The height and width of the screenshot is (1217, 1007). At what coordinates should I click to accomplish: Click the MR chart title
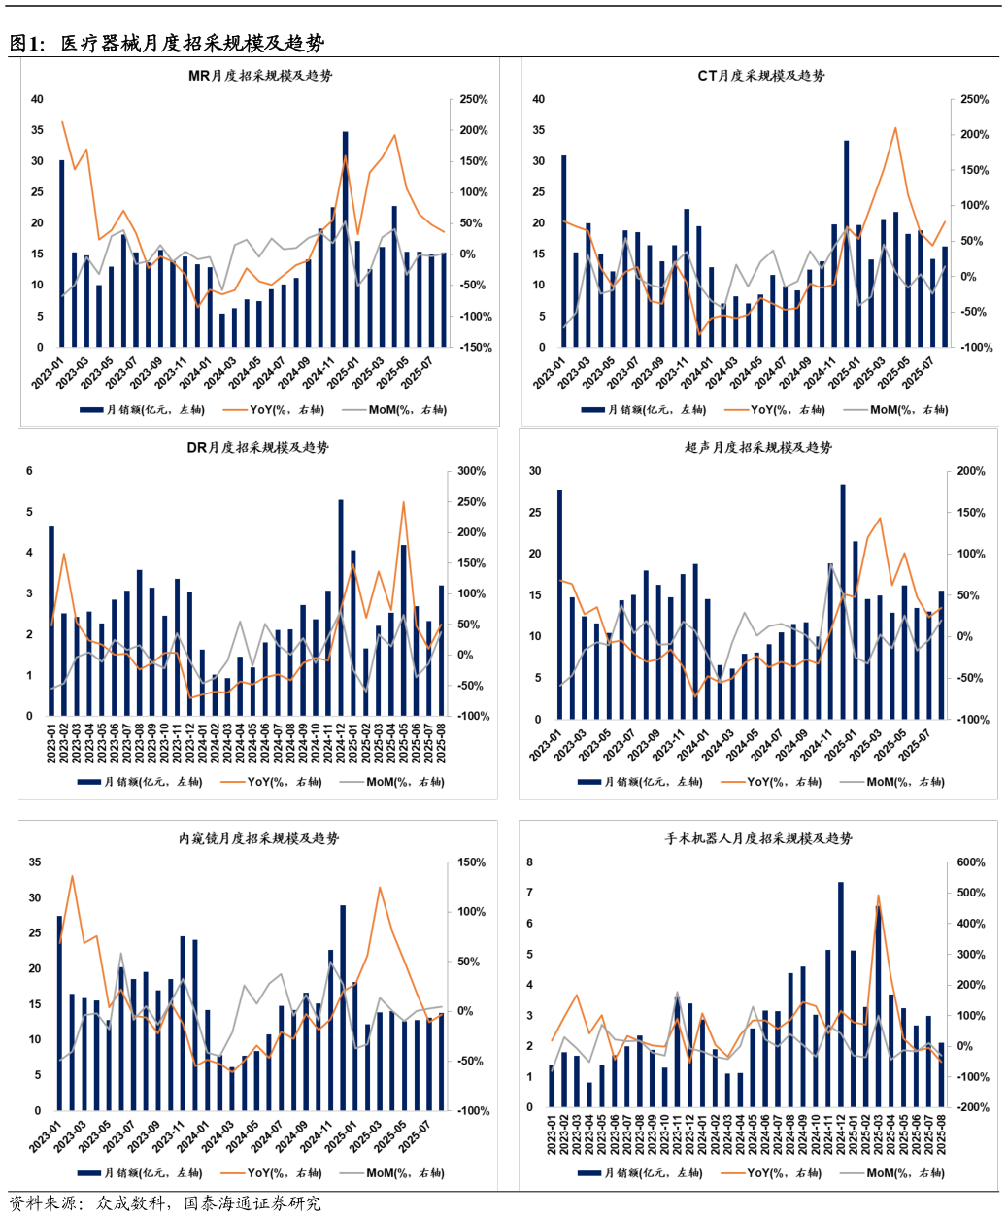tap(259, 76)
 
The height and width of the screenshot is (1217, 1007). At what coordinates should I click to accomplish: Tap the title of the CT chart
tap(760, 76)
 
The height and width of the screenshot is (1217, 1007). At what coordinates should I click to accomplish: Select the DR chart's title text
tap(257, 448)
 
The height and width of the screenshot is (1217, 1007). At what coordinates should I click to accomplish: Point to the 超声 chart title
tap(757, 448)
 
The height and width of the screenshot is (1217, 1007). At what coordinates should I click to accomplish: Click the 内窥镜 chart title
tap(258, 838)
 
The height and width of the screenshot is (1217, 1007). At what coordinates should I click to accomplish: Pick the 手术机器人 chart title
tap(757, 838)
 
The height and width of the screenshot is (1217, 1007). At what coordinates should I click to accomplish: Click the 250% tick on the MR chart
tap(473, 100)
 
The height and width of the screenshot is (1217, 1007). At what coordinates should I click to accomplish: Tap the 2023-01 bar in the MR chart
tap(62, 254)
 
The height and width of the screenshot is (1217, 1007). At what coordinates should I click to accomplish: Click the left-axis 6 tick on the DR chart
tap(29, 471)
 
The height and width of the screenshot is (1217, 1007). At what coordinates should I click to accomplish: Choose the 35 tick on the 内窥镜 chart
tap(35, 862)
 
